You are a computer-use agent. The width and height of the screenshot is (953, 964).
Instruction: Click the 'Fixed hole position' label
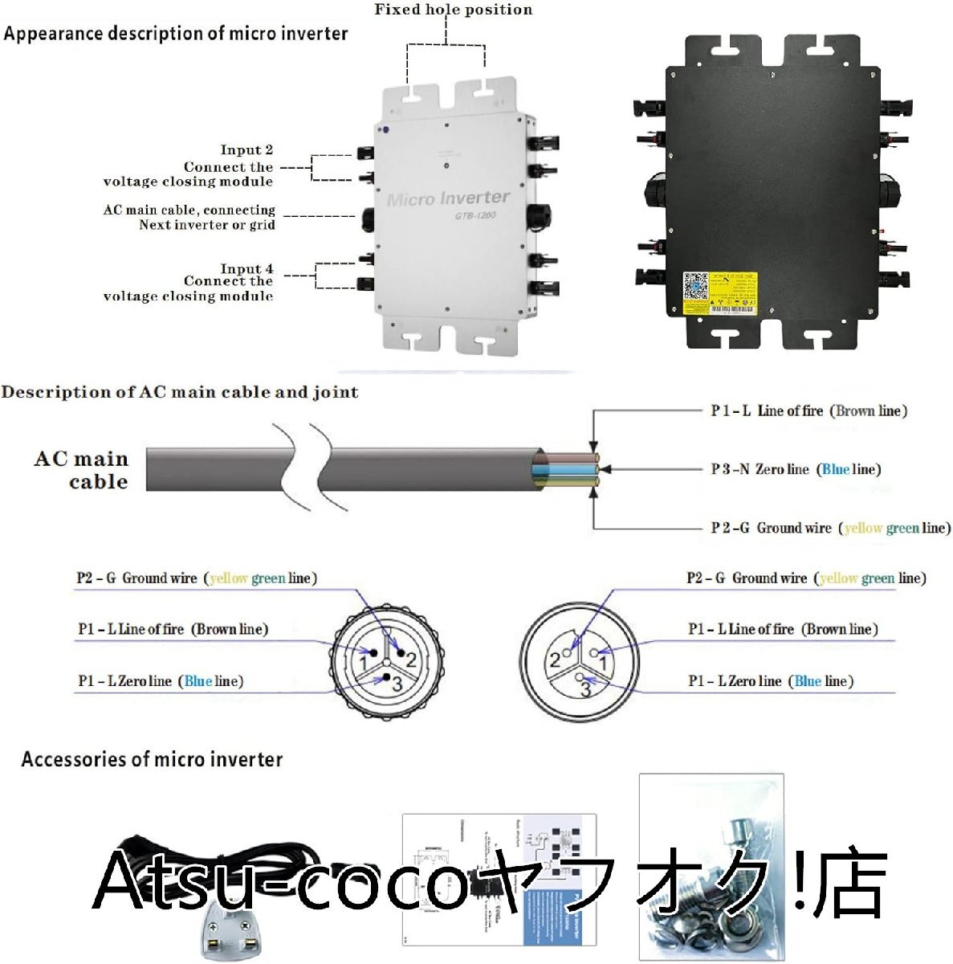[x=453, y=10]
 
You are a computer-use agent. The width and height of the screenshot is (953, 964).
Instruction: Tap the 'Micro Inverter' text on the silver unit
[x=448, y=198]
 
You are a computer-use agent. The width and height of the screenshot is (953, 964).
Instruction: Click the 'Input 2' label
[x=246, y=150]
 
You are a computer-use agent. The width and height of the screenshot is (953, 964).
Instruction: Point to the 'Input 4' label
[x=246, y=268]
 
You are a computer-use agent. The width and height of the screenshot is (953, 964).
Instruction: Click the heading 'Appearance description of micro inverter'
[x=176, y=35]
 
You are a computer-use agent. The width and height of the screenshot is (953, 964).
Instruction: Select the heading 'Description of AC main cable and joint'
[x=179, y=393]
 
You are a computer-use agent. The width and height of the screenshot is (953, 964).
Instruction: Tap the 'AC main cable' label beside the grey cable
[x=82, y=470]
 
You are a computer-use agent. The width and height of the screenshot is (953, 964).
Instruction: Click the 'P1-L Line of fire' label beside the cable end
[x=808, y=411]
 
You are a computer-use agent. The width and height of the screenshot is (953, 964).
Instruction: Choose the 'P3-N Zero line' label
[x=795, y=469]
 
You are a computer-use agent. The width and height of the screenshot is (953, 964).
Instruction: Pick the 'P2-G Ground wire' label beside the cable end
[x=830, y=528]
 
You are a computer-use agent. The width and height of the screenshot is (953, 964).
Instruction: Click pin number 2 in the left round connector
[x=410, y=660]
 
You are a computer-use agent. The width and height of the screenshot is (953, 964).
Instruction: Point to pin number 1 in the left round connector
[x=364, y=664]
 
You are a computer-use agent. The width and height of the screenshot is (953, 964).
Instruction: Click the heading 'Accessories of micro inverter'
[x=152, y=760]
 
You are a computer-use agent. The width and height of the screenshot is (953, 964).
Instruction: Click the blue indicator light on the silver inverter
[x=386, y=129]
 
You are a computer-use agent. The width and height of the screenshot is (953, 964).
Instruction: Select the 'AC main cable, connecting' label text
[x=189, y=210]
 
